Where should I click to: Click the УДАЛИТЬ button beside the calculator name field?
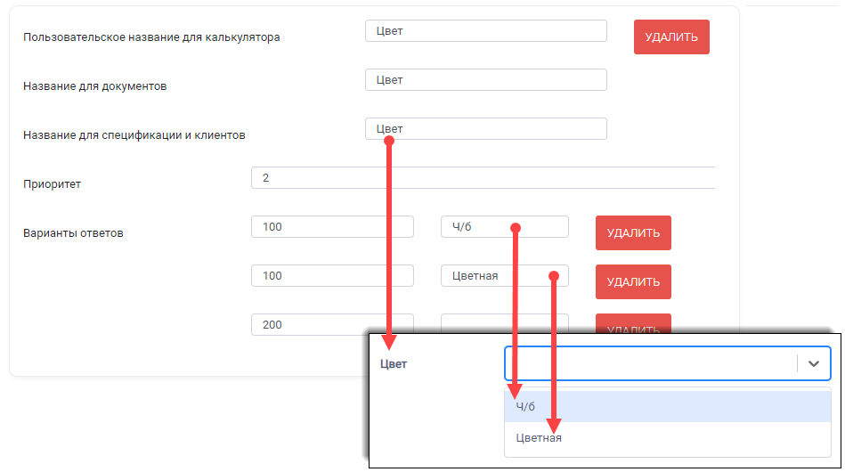pyautogui.click(x=671, y=37)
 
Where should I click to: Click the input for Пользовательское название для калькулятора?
pyautogui.click(x=486, y=30)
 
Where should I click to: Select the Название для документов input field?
pyautogui.click(x=486, y=80)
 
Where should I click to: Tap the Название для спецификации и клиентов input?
pyautogui.click(x=486, y=129)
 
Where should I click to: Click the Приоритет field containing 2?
pyautogui.click(x=483, y=178)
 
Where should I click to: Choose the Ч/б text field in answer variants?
pyautogui.click(x=504, y=227)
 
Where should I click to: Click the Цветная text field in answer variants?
pyautogui.click(x=504, y=276)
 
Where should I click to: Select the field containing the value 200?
pyautogui.click(x=332, y=324)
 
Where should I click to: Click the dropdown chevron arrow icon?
pyautogui.click(x=814, y=363)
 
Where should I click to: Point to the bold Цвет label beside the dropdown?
pyautogui.click(x=394, y=364)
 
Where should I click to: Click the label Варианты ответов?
pyautogui.click(x=73, y=233)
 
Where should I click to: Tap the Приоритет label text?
pyautogui.click(x=52, y=184)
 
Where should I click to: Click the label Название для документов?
pyautogui.click(x=95, y=86)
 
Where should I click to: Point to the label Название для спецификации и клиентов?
pyautogui.click(x=134, y=135)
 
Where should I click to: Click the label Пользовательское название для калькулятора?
pyautogui.click(x=151, y=37)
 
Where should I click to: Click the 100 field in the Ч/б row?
pyautogui.click(x=332, y=227)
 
